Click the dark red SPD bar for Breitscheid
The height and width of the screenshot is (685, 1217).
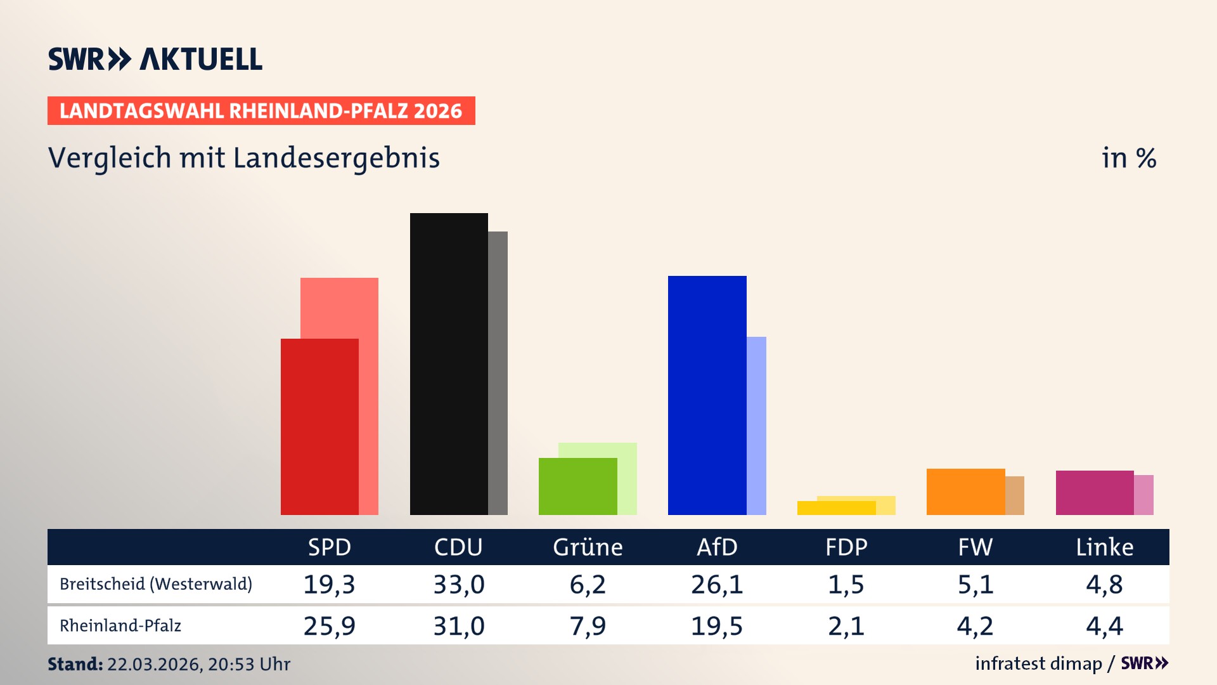(x=319, y=426)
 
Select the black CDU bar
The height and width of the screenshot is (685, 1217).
(x=449, y=363)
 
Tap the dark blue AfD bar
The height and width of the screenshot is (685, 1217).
(x=707, y=395)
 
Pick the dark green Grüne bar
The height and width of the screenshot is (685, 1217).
(x=577, y=486)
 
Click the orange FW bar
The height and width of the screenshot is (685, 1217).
(x=965, y=492)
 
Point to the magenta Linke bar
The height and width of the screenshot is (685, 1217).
(x=1095, y=492)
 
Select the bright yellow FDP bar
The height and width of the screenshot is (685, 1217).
(x=836, y=508)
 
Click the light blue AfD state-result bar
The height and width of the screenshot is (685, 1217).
(x=757, y=425)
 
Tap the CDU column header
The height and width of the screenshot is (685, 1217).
(x=458, y=547)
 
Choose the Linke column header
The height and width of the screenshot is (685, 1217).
(x=1104, y=547)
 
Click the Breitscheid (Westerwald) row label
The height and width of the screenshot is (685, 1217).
(x=156, y=584)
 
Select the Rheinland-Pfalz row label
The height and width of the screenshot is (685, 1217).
(x=120, y=626)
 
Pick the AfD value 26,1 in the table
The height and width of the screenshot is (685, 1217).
(x=717, y=584)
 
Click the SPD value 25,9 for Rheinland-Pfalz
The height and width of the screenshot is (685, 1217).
(x=329, y=626)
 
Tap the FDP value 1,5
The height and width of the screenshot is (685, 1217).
(x=846, y=584)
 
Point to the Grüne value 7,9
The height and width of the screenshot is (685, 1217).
(x=588, y=626)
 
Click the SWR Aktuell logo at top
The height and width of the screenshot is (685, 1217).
(x=155, y=59)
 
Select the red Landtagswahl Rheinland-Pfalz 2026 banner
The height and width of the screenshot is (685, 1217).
(x=261, y=111)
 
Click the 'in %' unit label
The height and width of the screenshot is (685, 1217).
(x=1128, y=158)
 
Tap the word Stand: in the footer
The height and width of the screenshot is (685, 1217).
(x=75, y=664)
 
